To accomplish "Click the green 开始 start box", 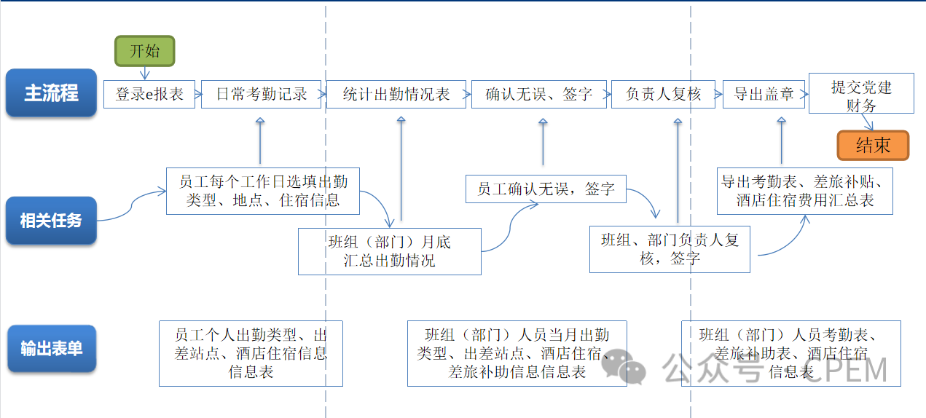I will [145, 51].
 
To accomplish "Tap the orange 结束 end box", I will [873, 145].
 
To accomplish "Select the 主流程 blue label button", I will [51, 93].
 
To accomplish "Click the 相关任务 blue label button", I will [51, 220].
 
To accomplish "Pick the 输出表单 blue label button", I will [51, 348].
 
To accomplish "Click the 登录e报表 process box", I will [149, 94].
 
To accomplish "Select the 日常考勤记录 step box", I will [261, 94].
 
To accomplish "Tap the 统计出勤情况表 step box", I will [396, 94].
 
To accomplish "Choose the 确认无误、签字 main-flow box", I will [538, 94].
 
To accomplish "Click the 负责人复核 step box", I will [662, 94].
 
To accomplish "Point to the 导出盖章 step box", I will [763, 94].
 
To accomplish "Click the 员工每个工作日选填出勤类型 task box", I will [262, 191].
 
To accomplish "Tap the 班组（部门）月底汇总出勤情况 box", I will [389, 251].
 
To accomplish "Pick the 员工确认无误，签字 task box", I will [546, 189].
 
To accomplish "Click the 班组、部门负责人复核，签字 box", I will [669, 249].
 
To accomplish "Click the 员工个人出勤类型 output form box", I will [251, 353].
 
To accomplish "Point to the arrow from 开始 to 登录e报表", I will [145, 72].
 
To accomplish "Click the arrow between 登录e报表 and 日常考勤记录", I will [198, 94].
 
